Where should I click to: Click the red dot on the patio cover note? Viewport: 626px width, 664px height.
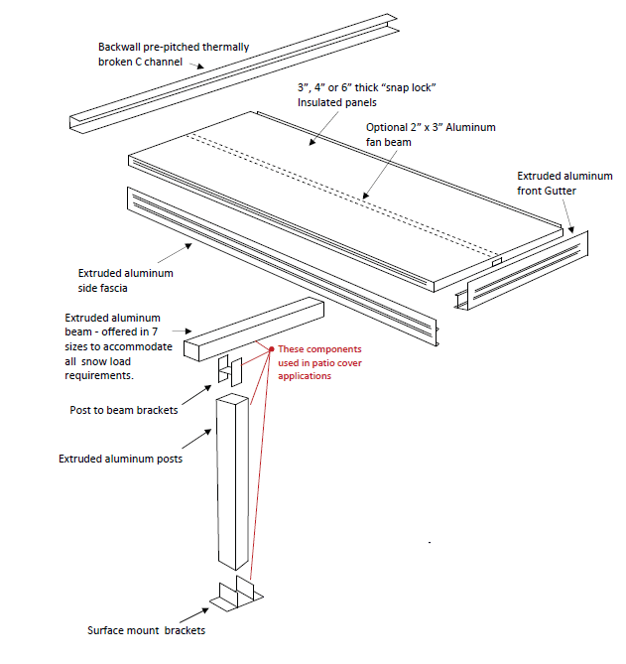(271, 349)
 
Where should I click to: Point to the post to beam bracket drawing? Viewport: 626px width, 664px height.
(230, 370)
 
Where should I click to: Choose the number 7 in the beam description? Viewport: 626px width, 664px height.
(169, 331)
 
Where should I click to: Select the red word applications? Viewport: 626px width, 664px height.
(305, 376)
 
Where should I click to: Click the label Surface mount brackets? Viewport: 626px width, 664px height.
(147, 630)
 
